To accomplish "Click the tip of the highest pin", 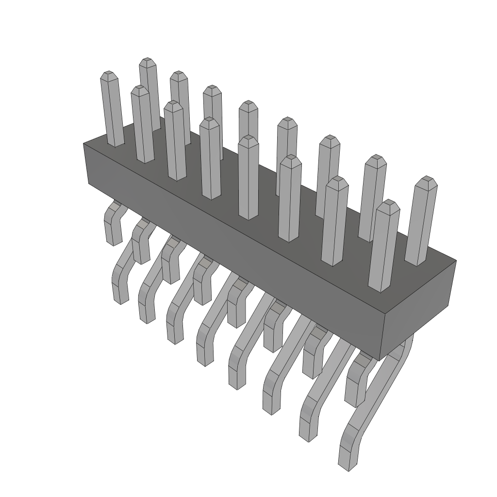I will (x=148, y=62).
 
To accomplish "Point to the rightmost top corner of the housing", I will (x=455, y=261).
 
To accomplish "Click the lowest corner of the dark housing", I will (x=380, y=360).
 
